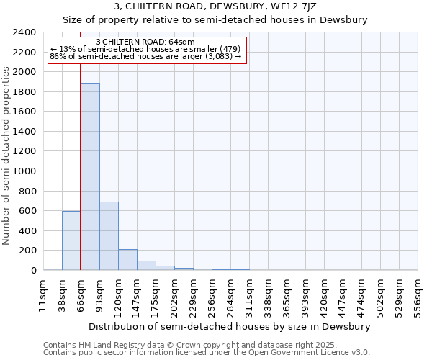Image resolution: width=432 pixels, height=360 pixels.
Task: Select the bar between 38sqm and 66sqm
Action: [x=71, y=240]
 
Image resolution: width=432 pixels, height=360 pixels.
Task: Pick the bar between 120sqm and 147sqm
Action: [x=127, y=259]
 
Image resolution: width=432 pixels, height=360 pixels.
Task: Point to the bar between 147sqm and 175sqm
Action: [x=146, y=265]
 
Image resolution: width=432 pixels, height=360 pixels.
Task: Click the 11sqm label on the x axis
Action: [x=43, y=297]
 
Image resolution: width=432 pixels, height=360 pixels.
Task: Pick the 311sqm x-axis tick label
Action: [x=250, y=297]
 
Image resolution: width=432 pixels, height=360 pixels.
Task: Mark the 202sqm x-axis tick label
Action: [x=174, y=297]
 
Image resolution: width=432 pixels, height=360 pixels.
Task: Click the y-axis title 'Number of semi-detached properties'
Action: [x=6, y=156]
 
